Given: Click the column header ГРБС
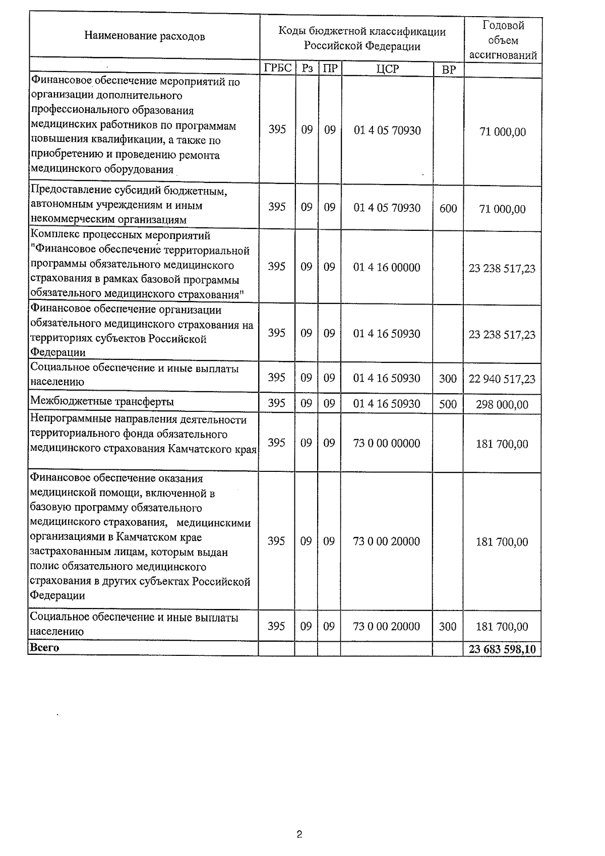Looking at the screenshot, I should point(278,69).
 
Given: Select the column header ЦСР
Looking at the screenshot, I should point(387,69).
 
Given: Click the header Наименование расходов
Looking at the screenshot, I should point(145,36).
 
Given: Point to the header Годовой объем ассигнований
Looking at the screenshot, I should point(503,40).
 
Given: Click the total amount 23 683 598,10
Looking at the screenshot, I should point(502,649).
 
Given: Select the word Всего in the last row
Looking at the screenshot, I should point(44,648).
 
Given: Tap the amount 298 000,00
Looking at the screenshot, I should point(502,404).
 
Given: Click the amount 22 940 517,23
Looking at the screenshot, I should point(502,379).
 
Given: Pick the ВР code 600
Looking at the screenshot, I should point(448,208).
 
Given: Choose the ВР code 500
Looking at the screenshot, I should point(448,404).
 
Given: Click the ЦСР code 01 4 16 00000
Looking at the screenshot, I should point(387,267).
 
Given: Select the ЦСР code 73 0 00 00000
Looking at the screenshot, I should point(387,443).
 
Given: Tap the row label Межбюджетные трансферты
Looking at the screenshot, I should point(102,402).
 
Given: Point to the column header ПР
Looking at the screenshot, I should point(330,69).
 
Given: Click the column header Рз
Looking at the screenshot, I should point(307,69).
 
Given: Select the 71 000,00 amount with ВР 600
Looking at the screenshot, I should point(502,209).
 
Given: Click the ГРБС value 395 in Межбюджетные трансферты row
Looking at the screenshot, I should point(276,403).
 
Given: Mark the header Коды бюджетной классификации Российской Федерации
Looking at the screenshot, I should point(362,39).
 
